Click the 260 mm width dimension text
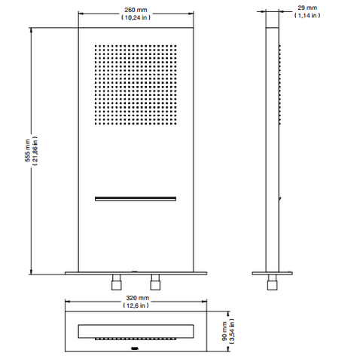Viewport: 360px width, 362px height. pyautogui.click(x=136, y=10)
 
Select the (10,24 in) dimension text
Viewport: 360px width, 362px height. pyautogui.click(x=136, y=17)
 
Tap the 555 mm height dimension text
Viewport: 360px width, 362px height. pyautogui.click(x=27, y=150)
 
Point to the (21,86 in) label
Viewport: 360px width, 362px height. pyautogui.click(x=35, y=151)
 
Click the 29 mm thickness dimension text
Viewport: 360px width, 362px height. pyautogui.click(x=307, y=8)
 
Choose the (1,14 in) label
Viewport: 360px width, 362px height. pyautogui.click(x=307, y=15)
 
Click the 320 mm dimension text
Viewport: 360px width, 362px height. pyautogui.click(x=138, y=298)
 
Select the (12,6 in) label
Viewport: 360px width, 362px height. pyautogui.click(x=136, y=305)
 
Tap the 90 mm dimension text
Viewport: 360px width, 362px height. pyautogui.click(x=224, y=331)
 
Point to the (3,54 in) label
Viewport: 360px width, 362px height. pyautogui.click(x=232, y=331)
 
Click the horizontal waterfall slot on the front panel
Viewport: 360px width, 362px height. pyautogui.click(x=136, y=198)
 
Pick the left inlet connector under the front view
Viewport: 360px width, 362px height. pyautogui.click(x=117, y=282)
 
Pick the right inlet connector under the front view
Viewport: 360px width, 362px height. pyautogui.click(x=155, y=282)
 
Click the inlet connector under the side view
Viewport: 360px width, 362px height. pyautogui.click(x=273, y=282)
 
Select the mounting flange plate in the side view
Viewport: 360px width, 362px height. pyautogui.click(x=272, y=273)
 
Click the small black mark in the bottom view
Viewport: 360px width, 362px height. pyautogui.click(x=135, y=348)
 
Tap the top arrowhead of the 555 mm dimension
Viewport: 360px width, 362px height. pyautogui.click(x=31, y=30)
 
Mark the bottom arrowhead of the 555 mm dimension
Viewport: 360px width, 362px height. pyautogui.click(x=31, y=271)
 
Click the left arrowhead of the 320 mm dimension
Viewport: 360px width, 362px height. pyautogui.click(x=68, y=301)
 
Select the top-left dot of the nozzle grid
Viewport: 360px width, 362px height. pyautogui.click(x=96, y=46)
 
